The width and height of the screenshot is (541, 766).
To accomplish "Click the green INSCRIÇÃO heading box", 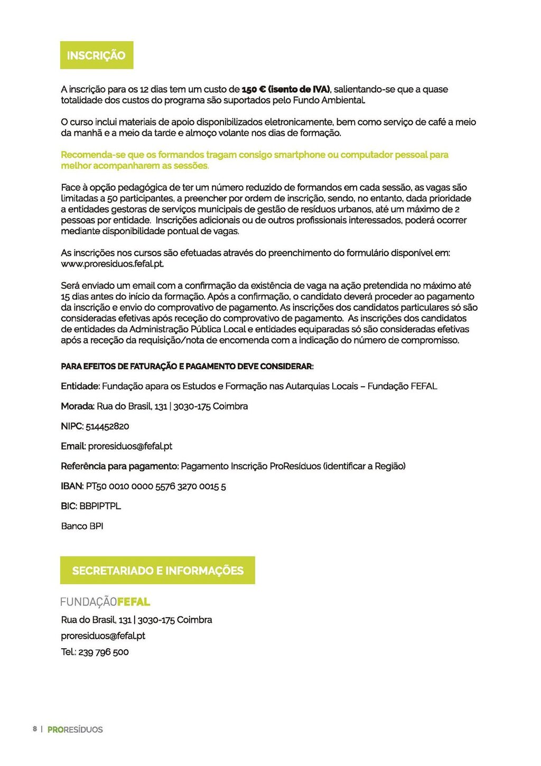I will pyautogui.click(x=96, y=55).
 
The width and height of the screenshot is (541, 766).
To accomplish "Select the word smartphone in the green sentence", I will pyautogui.click(x=300, y=155).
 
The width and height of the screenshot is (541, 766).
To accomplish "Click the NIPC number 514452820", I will pyautogui.click(x=107, y=426).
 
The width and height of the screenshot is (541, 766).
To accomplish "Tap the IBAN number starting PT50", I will pyautogui.click(x=156, y=486).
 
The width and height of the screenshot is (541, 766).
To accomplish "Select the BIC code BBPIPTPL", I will pyautogui.click(x=100, y=506).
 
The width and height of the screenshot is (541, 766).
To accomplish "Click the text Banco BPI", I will pyautogui.click(x=82, y=526).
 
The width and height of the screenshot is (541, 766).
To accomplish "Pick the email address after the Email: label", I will pyautogui.click(x=130, y=446).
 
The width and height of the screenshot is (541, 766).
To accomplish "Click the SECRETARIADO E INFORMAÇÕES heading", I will pyautogui.click(x=157, y=571).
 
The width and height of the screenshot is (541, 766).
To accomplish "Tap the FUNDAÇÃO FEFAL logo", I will pyautogui.click(x=105, y=602).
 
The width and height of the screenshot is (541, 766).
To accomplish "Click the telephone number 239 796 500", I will pyautogui.click(x=104, y=652).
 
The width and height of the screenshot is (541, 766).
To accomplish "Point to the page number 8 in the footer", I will pyautogui.click(x=35, y=729).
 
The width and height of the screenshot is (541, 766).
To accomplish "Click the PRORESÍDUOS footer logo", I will pyautogui.click(x=75, y=730).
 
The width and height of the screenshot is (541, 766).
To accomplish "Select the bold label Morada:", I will pyautogui.click(x=78, y=406).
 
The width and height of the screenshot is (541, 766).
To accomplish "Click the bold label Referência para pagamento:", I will pyautogui.click(x=119, y=466).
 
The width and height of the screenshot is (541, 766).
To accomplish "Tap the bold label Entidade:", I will pyautogui.click(x=80, y=386).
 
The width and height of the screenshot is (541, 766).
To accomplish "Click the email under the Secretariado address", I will pyautogui.click(x=103, y=636).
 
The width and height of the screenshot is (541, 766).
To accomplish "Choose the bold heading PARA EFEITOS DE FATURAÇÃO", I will pyautogui.click(x=187, y=366).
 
